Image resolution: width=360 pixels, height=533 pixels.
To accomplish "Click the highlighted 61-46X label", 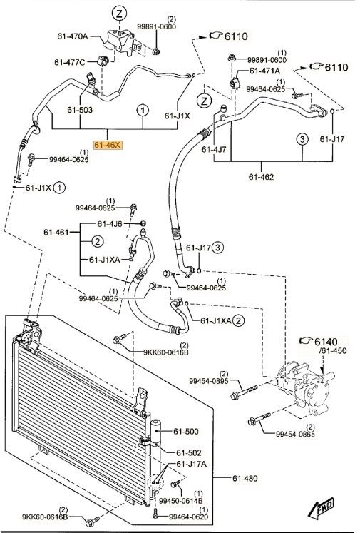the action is click(x=108, y=145).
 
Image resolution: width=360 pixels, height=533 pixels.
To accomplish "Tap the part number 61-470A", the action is click(x=73, y=36).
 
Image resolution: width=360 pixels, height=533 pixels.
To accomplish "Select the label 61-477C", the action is click(x=70, y=62).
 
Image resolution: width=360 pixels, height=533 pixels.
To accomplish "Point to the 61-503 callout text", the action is click(x=80, y=110).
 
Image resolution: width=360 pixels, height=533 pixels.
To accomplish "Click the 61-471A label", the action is click(x=265, y=71).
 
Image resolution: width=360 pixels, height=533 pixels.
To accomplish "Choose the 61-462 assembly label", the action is click(x=261, y=177).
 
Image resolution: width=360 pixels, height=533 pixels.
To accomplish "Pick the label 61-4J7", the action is click(x=214, y=149).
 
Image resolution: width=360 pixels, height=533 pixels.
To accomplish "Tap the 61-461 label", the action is click(x=56, y=232).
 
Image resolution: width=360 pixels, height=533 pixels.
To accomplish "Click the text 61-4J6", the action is click(x=110, y=223).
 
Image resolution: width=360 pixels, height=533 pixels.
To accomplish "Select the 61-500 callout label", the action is click(x=186, y=432).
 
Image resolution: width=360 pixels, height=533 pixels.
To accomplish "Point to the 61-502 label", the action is click(x=189, y=452).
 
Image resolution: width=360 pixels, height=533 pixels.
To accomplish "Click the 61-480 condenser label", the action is click(x=245, y=478).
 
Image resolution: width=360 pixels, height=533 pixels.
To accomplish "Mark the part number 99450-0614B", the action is click(x=181, y=500).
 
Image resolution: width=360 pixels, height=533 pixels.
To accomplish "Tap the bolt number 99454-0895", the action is click(x=209, y=381).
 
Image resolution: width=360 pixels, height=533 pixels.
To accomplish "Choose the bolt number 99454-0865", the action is click(x=295, y=434).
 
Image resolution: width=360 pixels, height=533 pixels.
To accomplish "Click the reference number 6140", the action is click(x=326, y=342).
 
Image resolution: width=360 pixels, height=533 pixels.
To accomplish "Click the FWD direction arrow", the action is click(x=321, y=508).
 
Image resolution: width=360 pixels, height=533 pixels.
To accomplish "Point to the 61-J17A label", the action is click(x=191, y=464).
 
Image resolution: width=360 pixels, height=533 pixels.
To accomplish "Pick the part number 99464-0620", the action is click(x=189, y=517).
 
